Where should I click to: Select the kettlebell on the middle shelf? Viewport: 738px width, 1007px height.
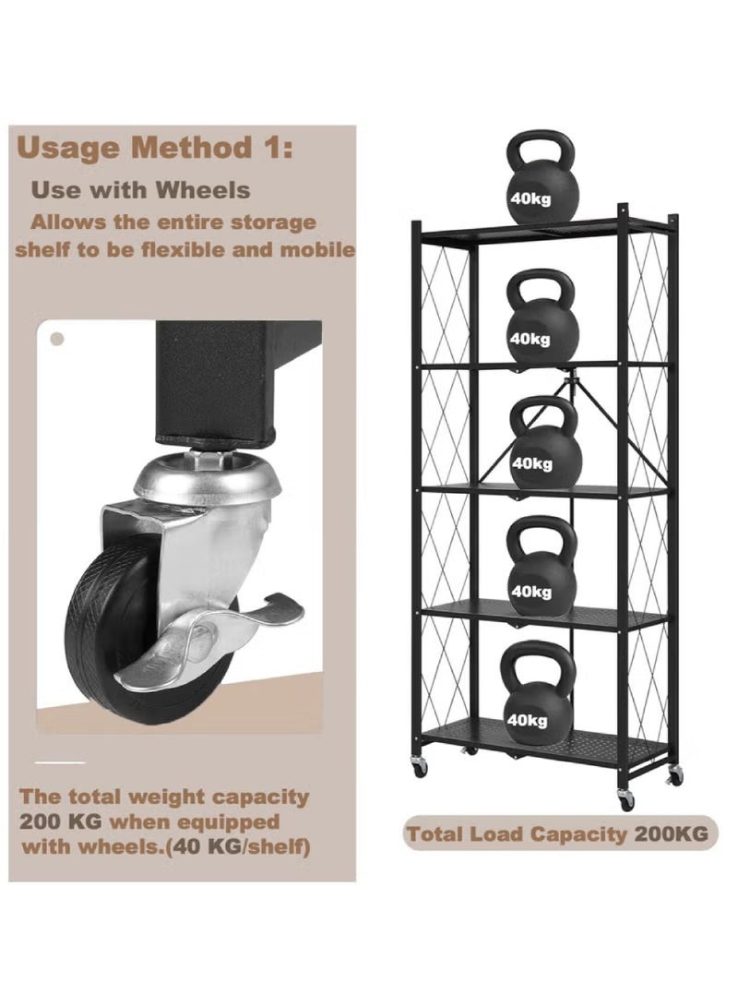point(545,443)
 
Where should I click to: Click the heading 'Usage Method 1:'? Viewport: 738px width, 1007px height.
point(155,148)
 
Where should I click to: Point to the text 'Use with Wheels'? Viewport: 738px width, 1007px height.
point(140,190)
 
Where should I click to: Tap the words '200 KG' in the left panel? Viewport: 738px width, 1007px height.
point(60,822)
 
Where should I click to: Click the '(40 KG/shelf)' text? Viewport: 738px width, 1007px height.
point(238,846)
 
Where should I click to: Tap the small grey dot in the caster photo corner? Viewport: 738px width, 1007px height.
point(57,339)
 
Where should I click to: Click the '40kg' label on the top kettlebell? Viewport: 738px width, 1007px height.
point(530,198)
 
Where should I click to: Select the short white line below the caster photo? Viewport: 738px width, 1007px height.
point(60,762)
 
